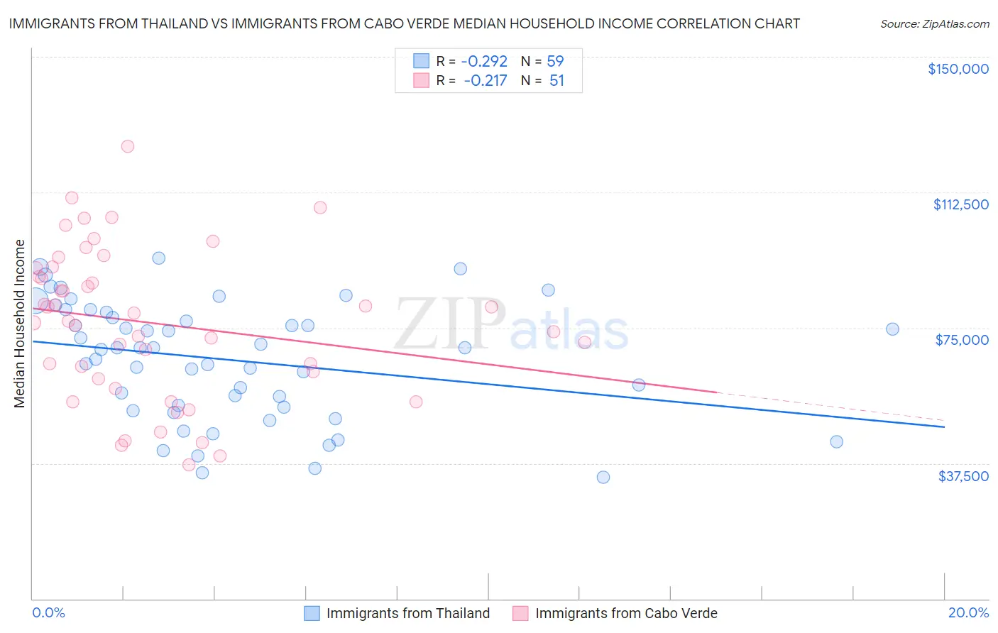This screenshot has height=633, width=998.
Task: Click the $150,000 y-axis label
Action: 958,69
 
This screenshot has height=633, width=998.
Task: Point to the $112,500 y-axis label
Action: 960,204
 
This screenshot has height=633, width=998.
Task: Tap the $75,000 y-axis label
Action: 962,340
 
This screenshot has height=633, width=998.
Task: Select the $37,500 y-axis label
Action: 963,476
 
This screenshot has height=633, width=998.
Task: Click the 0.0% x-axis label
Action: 48,612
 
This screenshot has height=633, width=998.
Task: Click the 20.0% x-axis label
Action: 968,612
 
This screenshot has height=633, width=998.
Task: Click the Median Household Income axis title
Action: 19,324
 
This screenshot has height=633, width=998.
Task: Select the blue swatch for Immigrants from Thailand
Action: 312,613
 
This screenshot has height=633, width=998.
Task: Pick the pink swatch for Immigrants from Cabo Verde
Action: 520,613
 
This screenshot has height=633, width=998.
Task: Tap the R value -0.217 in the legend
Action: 486,80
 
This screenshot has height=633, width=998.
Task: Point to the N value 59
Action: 555,61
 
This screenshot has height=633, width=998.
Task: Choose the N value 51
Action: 556,80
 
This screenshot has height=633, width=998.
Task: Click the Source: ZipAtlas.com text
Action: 934,23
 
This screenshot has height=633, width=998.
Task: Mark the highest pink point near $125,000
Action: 128,146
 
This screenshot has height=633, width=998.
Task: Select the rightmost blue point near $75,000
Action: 892,329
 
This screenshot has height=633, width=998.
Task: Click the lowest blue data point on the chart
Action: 603,477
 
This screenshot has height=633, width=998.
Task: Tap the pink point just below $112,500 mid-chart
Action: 320,208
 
